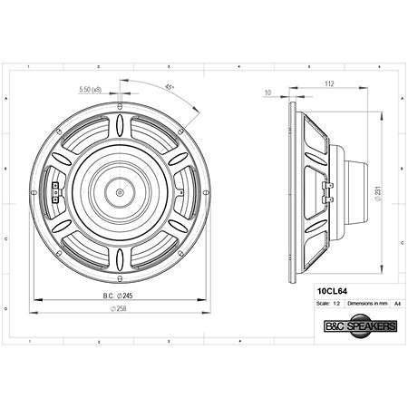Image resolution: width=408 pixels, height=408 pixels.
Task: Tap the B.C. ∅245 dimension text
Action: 119,296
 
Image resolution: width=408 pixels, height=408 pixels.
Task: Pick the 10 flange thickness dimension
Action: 268,92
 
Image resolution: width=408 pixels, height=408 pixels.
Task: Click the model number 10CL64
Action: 330,291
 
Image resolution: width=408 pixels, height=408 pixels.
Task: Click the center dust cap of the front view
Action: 120,191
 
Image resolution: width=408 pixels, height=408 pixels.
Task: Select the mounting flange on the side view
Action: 292,191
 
